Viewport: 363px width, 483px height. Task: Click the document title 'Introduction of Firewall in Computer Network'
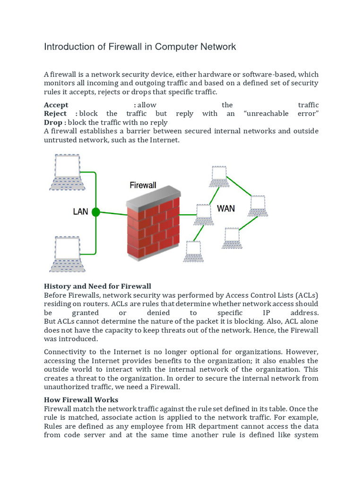pos(140,47)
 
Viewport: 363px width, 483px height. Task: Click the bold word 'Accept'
pos(56,105)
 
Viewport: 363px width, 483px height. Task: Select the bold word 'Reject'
pos(55,114)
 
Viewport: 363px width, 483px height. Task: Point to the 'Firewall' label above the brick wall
pos(143,185)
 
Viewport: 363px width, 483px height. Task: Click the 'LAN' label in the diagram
pos(80,212)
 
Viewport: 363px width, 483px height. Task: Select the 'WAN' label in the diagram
pos(225,208)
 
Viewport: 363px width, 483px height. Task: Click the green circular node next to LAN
pos(96,212)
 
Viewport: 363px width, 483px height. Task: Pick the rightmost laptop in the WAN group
pos(258,206)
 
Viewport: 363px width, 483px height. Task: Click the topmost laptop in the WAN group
pos(219,177)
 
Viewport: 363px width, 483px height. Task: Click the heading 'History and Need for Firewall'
pos(97,286)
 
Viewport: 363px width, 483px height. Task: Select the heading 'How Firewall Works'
pos(81,400)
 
